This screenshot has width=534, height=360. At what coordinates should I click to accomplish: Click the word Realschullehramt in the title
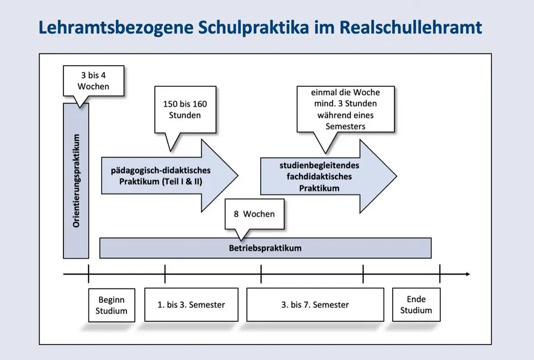pyautogui.click(x=411, y=27)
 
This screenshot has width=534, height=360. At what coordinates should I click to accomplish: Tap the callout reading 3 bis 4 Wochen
pyautogui.click(x=93, y=81)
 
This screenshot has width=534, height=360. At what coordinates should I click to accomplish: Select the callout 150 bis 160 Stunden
pyautogui.click(x=185, y=110)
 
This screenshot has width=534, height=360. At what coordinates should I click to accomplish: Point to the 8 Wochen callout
pyautogui.click(x=254, y=214)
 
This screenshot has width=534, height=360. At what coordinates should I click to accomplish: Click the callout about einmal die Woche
pyautogui.click(x=345, y=109)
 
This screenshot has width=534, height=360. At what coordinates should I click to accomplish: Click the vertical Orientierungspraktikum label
pyautogui.click(x=76, y=181)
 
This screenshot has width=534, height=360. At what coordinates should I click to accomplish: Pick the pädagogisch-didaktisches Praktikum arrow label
pyautogui.click(x=161, y=176)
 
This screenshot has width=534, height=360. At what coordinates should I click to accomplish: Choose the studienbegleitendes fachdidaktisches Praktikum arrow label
pyautogui.click(x=319, y=177)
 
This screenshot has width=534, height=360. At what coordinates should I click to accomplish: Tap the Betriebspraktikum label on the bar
pyautogui.click(x=265, y=248)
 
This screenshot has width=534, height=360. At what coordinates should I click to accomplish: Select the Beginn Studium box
pyautogui.click(x=111, y=305)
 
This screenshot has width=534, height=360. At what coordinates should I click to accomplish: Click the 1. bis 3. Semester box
pyautogui.click(x=191, y=305)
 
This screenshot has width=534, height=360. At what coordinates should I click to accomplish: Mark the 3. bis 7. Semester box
pyautogui.click(x=315, y=305)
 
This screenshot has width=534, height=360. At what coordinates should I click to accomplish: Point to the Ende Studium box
pyautogui.click(x=416, y=305)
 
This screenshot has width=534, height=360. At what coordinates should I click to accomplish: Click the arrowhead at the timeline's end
pyautogui.click(x=468, y=274)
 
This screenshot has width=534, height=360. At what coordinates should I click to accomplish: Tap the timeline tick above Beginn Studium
pyautogui.click(x=89, y=274)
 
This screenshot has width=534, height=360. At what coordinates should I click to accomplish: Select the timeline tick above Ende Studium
pyautogui.click(x=440, y=274)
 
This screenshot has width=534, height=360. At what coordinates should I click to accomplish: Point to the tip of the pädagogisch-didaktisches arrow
pyautogui.click(x=238, y=175)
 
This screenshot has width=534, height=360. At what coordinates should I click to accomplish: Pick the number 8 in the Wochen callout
pyautogui.click(x=236, y=214)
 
